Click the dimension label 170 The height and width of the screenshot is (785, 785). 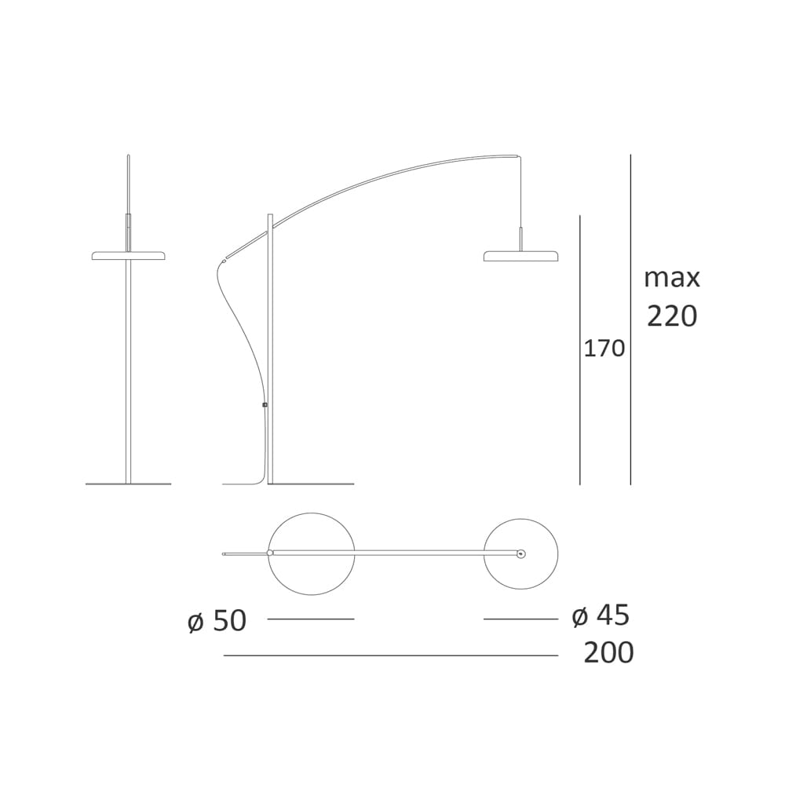[604, 349]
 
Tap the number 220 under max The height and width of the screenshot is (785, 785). [672, 316]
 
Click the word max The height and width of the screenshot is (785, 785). [672, 279]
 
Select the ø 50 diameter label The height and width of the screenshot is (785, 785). [217, 621]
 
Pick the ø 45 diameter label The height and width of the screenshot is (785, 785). [601, 615]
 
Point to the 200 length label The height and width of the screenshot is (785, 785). [609, 653]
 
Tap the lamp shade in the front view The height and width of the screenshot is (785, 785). [129, 256]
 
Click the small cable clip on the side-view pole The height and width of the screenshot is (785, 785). [265, 404]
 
